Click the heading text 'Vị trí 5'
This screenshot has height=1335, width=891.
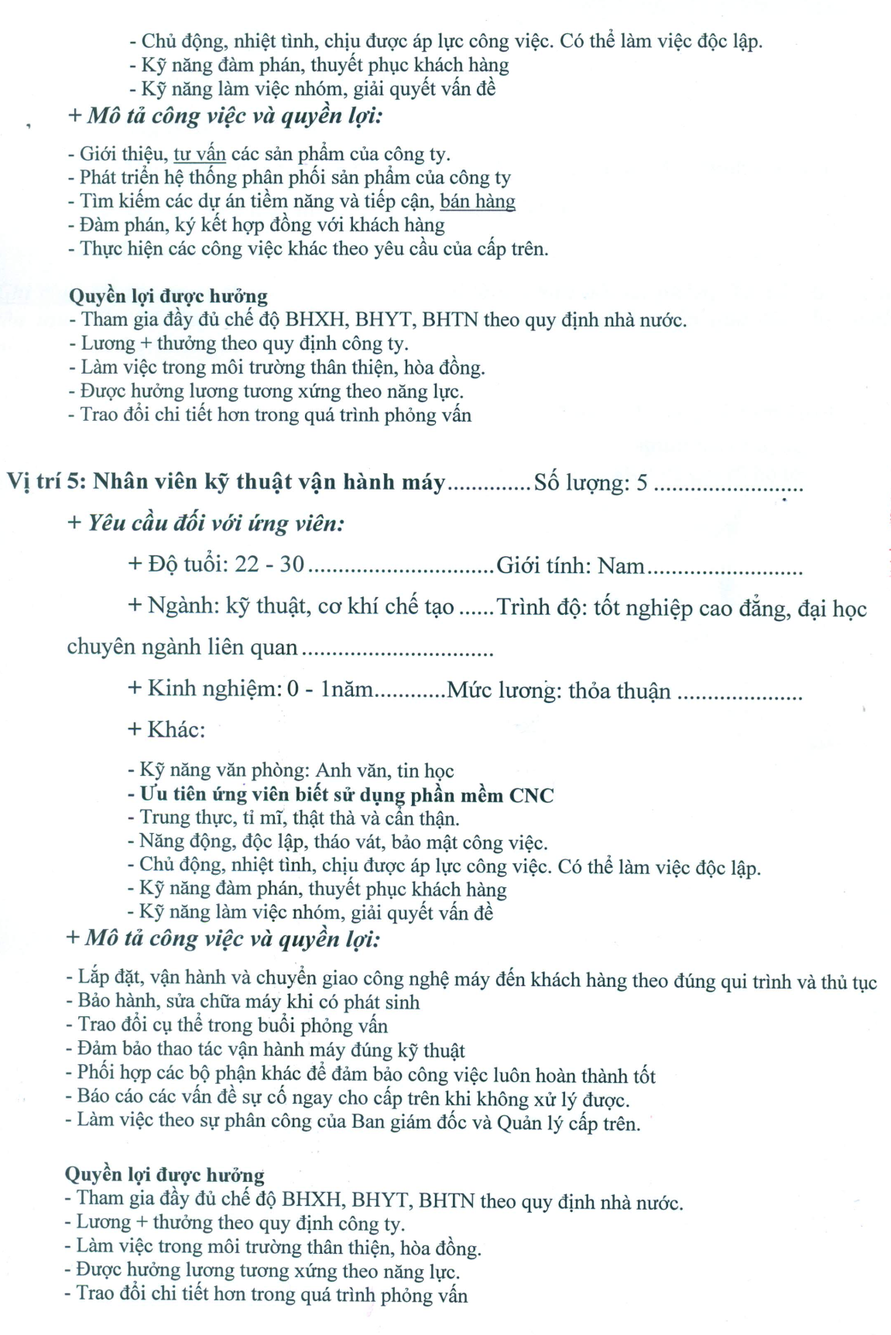44,482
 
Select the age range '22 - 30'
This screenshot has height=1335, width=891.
269,565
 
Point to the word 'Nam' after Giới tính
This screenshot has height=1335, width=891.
622,566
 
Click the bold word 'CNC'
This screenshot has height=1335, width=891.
531,795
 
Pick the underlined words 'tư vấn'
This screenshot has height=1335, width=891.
200,154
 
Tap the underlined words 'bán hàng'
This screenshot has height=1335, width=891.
477,202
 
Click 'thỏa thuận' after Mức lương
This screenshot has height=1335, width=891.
619,691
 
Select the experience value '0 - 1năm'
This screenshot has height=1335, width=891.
330,689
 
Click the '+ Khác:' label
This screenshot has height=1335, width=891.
166,729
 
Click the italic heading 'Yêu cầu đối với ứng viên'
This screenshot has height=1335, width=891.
215,524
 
